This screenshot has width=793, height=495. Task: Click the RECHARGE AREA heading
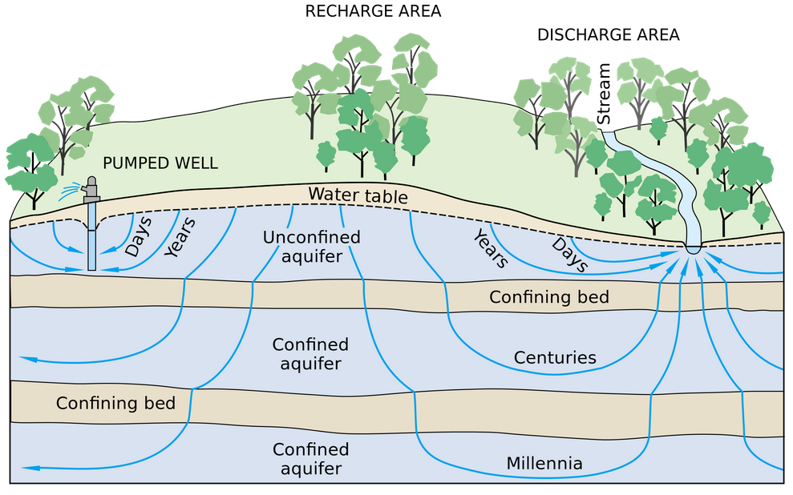373,11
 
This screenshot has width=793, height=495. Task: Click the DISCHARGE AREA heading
608,34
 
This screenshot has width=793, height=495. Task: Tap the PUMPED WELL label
160,163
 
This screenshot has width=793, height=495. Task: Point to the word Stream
604,94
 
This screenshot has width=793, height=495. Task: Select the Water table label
358,195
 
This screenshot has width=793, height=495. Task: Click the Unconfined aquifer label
312,247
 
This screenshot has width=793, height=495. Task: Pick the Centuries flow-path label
556,357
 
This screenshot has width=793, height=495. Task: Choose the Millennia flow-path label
544,463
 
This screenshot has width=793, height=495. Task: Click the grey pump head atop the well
91,191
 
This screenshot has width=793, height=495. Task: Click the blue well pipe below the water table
91,240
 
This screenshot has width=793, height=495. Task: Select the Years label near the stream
490,249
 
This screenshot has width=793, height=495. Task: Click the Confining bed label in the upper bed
549,297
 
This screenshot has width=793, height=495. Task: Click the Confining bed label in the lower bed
115,402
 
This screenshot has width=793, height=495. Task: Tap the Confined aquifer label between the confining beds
310,354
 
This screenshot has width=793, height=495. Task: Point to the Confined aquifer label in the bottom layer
310,459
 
